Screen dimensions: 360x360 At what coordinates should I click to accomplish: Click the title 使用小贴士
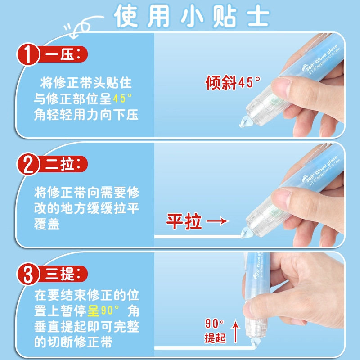click(191, 17)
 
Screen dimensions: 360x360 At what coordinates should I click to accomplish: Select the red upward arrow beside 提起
click(235, 328)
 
